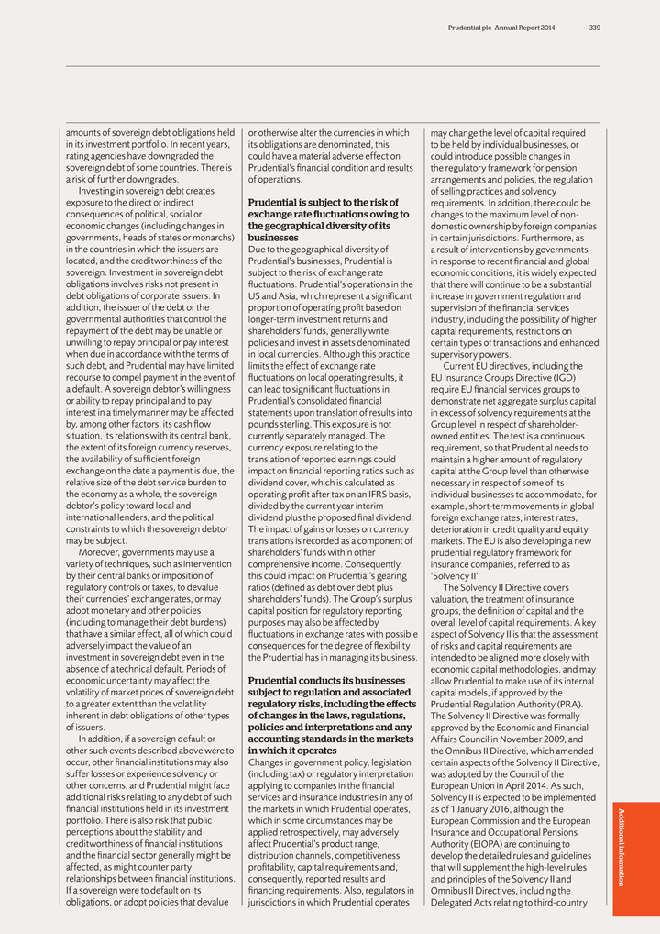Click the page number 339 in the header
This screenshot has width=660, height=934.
tap(595, 28)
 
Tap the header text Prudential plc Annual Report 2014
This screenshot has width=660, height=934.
tap(509, 28)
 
